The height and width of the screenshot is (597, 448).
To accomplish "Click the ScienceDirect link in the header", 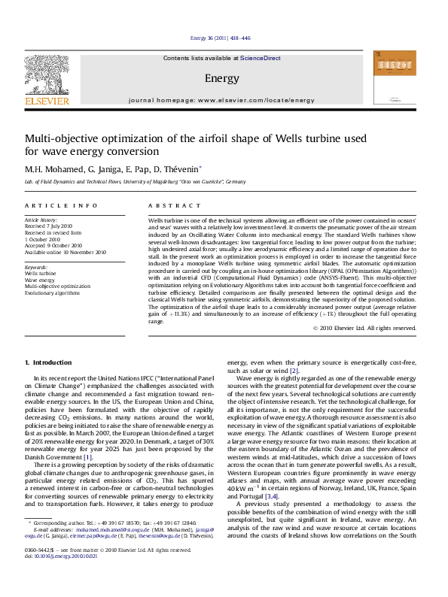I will click(261, 58).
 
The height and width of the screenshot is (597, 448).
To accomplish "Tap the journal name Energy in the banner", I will click(217, 77).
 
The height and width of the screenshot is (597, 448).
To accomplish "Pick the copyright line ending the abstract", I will click(364, 328).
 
